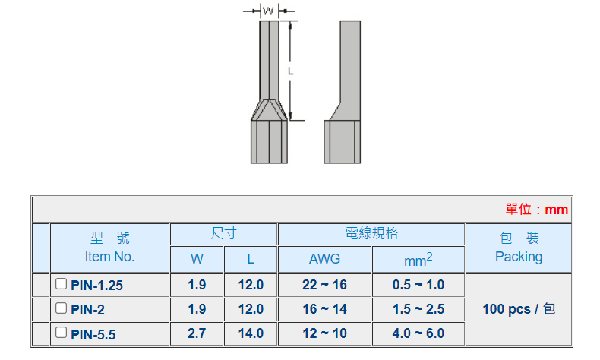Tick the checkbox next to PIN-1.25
point(61,284)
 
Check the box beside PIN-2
point(61,308)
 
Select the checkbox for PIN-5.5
point(61,332)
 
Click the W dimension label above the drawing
point(268,11)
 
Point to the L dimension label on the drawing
point(291,71)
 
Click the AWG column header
point(324,259)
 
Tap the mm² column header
point(418,260)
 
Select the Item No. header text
point(109,256)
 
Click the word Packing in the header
point(519,257)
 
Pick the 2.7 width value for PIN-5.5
point(197,333)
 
